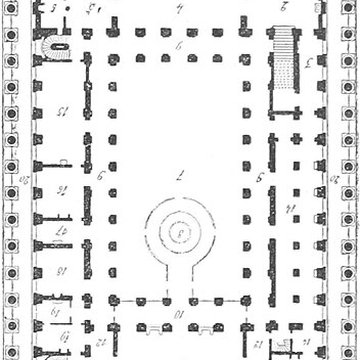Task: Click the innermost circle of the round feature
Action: (179, 237)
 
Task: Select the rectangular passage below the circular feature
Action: (179, 279)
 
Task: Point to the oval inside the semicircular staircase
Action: (53, 45)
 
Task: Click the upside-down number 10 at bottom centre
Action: (179, 319)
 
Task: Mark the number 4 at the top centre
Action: (179, 11)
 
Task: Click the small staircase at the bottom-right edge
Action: (290, 350)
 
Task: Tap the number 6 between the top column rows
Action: (179, 48)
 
